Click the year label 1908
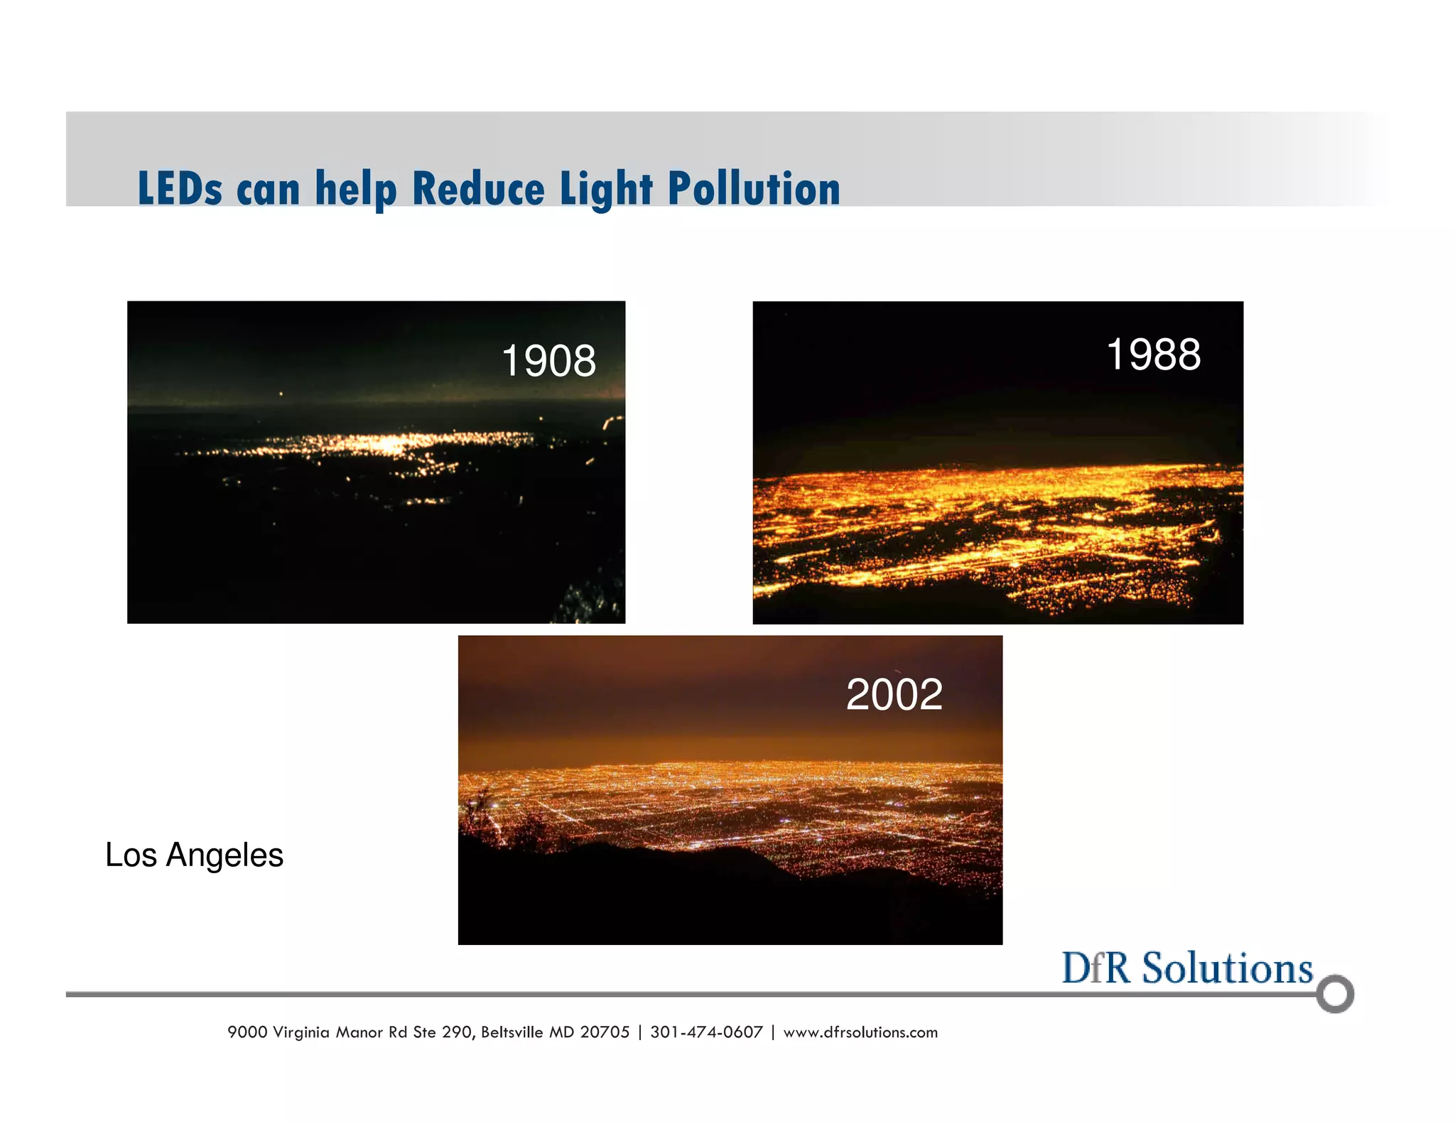(x=548, y=361)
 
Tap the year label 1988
(x=1153, y=355)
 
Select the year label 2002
(x=894, y=694)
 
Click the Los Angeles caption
(x=194, y=855)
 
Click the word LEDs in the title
(x=180, y=189)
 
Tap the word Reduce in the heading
(x=478, y=189)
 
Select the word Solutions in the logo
(x=1227, y=968)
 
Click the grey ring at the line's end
(x=1334, y=994)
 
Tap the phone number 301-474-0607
(x=706, y=1032)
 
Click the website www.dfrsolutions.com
(x=860, y=1032)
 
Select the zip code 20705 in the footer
(x=605, y=1032)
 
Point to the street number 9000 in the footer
(x=247, y=1032)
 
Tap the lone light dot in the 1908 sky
(x=281, y=394)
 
